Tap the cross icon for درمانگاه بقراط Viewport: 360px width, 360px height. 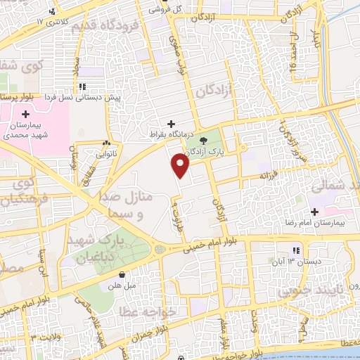tap(172, 124)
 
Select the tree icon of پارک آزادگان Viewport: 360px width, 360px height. tap(204, 141)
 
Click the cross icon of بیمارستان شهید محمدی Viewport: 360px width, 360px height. tap(26, 114)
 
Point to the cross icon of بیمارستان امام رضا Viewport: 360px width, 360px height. tap(314, 212)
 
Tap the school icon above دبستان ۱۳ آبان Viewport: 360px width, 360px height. tap(297, 250)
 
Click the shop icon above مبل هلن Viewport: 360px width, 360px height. tap(123, 274)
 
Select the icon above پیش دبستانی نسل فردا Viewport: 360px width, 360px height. tap(83, 87)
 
